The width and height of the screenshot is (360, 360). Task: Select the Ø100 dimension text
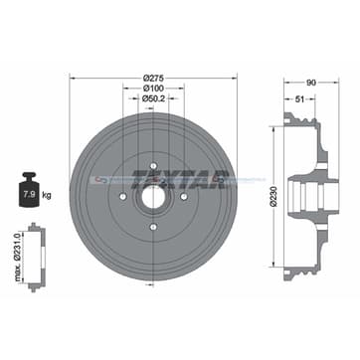153,88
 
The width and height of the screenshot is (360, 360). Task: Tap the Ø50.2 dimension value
153,98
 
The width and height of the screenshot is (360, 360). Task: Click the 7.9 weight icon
29,186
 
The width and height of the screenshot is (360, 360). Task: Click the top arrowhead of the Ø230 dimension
271,128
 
